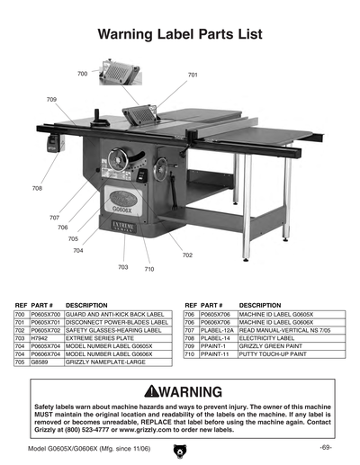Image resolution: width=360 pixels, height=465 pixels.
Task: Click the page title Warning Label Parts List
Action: (x=180, y=35)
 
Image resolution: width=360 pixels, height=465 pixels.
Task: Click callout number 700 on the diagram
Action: (x=82, y=73)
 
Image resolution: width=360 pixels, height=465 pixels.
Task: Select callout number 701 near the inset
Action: (x=193, y=75)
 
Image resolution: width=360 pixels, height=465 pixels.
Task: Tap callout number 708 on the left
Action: (x=37, y=188)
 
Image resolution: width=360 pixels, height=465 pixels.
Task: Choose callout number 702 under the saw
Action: (x=187, y=255)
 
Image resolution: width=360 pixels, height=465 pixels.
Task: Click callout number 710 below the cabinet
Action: (x=149, y=269)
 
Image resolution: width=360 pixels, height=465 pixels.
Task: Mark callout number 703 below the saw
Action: (x=122, y=267)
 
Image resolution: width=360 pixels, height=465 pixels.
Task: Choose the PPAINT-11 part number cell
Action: (x=215, y=354)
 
